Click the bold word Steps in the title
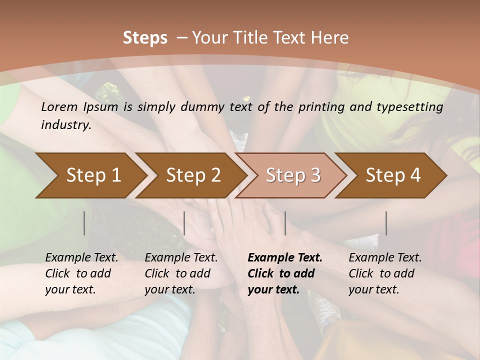[145, 38]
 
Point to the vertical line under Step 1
[84, 223]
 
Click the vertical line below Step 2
[184, 223]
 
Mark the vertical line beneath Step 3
[285, 223]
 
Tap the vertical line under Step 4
[386, 223]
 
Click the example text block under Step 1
[81, 273]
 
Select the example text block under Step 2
[181, 273]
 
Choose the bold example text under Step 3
[285, 273]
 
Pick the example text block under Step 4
[385, 273]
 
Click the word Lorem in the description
[59, 107]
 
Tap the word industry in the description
[65, 125]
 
